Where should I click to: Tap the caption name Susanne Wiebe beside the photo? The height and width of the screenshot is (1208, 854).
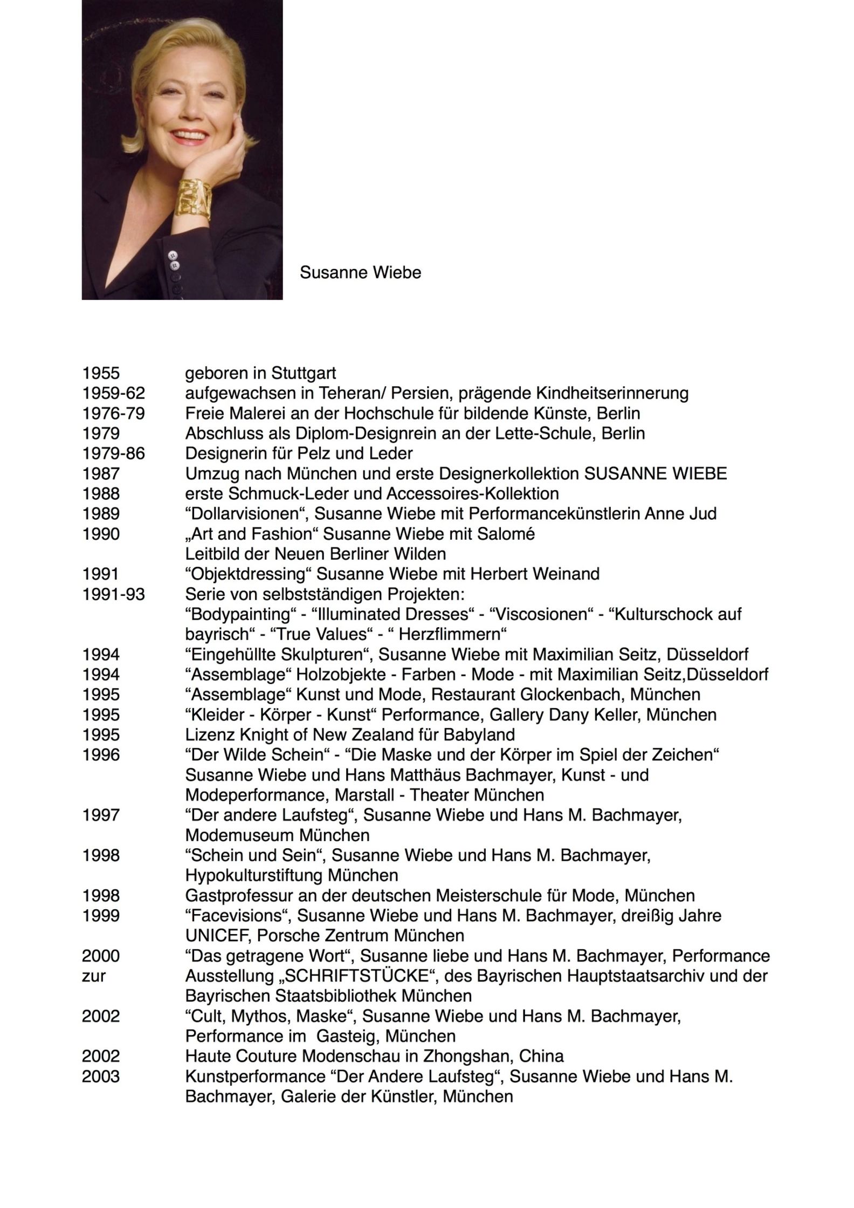click(x=360, y=272)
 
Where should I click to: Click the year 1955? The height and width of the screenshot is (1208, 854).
click(x=101, y=373)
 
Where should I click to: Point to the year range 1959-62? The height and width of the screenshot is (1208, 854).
click(x=113, y=393)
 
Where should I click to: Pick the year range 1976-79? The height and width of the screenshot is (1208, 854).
click(x=113, y=413)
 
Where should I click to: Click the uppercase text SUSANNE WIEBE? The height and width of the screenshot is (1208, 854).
click(x=656, y=473)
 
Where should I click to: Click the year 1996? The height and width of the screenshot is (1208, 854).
click(x=101, y=754)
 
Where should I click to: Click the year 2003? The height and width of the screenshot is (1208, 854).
click(x=101, y=1076)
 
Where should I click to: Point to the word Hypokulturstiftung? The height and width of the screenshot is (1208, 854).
click(x=254, y=875)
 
